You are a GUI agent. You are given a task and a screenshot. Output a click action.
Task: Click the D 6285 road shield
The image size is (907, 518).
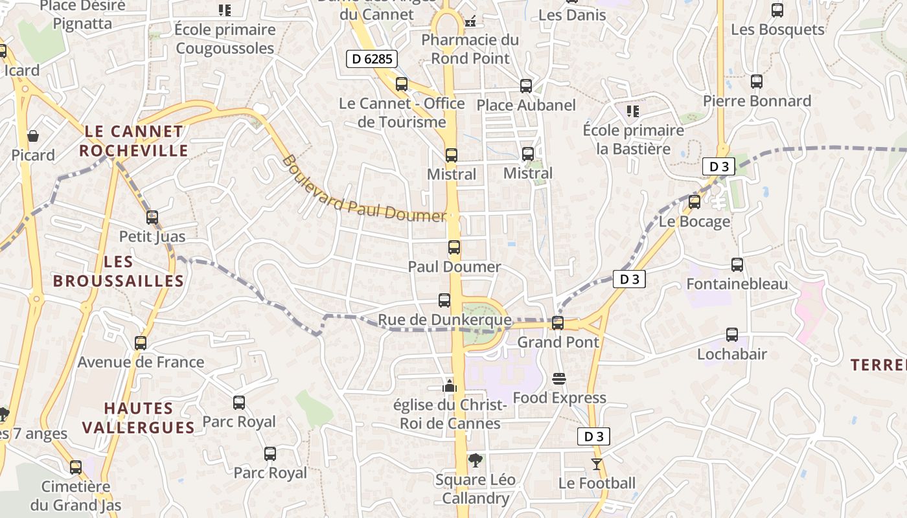click(x=371, y=60)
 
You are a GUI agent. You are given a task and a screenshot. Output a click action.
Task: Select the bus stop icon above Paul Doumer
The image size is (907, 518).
click(x=454, y=247)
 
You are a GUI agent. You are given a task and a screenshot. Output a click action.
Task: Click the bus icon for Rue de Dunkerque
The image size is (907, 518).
click(x=444, y=300)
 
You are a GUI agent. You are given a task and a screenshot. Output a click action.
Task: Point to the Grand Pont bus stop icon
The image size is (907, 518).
click(x=558, y=322)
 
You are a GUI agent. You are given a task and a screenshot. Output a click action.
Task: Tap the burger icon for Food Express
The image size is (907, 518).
click(x=559, y=379)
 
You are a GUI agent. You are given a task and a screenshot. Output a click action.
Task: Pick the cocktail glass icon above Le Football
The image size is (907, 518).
click(x=596, y=464)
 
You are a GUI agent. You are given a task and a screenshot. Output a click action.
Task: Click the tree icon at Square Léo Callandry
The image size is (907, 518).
click(x=476, y=460)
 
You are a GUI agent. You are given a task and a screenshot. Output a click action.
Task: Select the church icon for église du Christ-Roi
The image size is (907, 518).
click(x=450, y=386)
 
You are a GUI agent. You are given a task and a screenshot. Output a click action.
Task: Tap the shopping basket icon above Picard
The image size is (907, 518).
click(x=33, y=136)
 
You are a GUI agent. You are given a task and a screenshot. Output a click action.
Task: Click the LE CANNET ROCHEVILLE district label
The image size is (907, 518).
click(x=134, y=141)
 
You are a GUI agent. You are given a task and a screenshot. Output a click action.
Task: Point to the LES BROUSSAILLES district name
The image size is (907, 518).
click(x=119, y=271)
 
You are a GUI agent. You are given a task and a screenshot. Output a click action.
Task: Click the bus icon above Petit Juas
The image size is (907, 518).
click(x=152, y=218)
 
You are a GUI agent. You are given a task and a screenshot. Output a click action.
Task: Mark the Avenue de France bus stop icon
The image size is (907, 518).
click(x=141, y=343)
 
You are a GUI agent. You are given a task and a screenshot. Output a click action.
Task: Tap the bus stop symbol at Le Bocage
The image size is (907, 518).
click(x=695, y=202)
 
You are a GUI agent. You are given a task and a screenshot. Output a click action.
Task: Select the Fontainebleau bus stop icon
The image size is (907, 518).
click(x=737, y=265)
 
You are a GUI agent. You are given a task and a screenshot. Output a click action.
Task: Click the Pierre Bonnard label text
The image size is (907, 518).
click(x=757, y=101)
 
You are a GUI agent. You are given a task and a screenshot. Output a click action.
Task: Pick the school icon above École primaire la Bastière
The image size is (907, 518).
click(x=633, y=111)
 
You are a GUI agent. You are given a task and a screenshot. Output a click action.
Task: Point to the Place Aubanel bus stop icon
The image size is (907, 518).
click(x=526, y=86)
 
